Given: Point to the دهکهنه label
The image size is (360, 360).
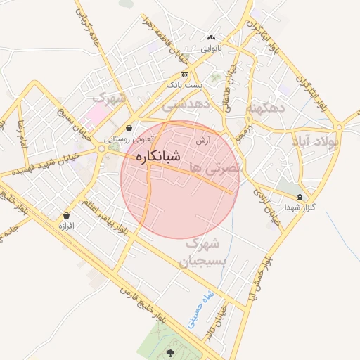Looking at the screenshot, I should pos(264,108).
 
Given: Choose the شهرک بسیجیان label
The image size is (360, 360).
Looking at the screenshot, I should pos(203,252).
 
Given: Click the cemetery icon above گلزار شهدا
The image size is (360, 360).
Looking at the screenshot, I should pos(301,198).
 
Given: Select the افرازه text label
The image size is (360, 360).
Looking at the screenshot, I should pos(67,226).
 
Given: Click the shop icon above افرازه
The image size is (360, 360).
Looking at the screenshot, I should pos(67,215).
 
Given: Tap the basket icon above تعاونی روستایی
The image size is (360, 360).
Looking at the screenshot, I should pos(130,129).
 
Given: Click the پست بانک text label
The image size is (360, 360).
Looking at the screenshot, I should pos(184,84).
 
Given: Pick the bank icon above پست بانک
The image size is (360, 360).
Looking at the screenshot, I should pos(184,75).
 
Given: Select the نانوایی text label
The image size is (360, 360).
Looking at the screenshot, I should pos(210,49).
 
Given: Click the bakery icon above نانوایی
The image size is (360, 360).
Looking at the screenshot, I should pos(210,38).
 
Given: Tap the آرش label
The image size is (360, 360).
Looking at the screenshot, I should pos(204,140).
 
